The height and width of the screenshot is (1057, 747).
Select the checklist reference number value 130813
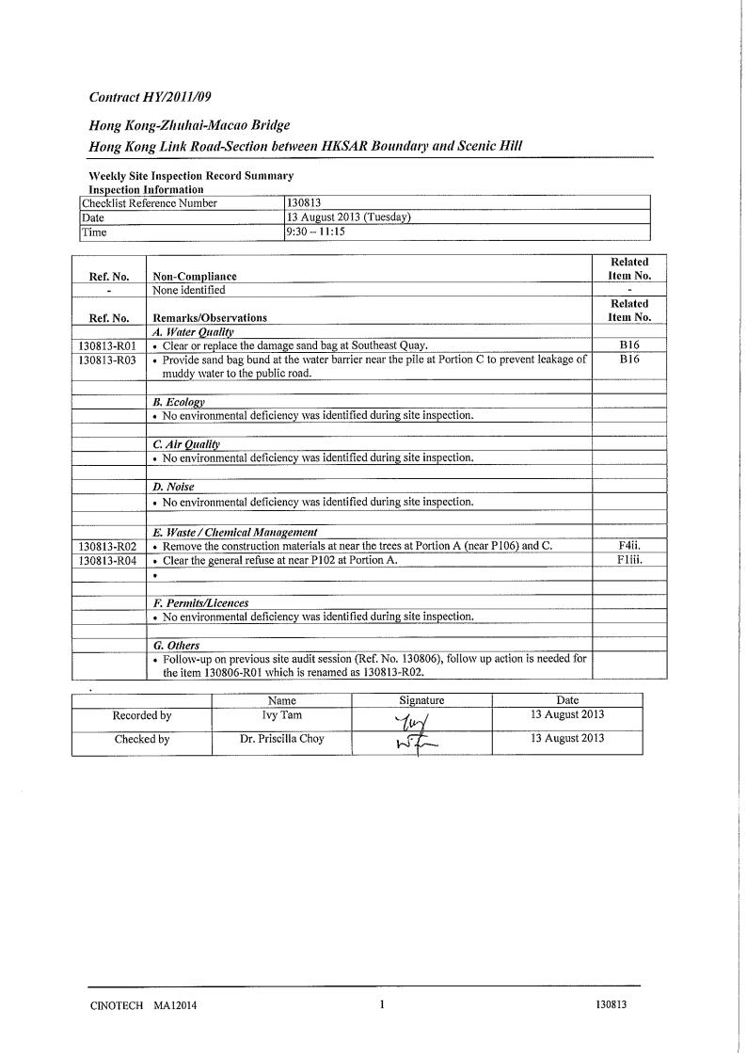pyautogui.click(x=302, y=202)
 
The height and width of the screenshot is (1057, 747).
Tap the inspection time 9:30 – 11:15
pyautogui.click(x=315, y=232)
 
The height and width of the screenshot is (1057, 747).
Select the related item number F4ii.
pyautogui.click(x=629, y=546)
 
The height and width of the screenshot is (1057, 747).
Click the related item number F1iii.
pyautogui.click(x=629, y=560)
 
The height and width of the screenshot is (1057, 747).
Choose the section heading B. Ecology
pyautogui.click(x=179, y=402)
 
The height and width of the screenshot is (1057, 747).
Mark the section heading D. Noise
pyautogui.click(x=173, y=488)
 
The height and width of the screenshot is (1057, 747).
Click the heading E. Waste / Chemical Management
pyautogui.click(x=234, y=532)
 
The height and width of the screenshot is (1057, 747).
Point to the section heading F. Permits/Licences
pyautogui.click(x=200, y=603)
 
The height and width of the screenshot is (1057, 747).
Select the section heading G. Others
pyautogui.click(x=176, y=646)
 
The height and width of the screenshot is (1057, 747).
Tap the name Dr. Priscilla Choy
pyautogui.click(x=281, y=739)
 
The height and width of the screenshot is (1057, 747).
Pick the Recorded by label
pyautogui.click(x=141, y=715)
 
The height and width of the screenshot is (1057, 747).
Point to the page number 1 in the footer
pyautogui.click(x=382, y=1004)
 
